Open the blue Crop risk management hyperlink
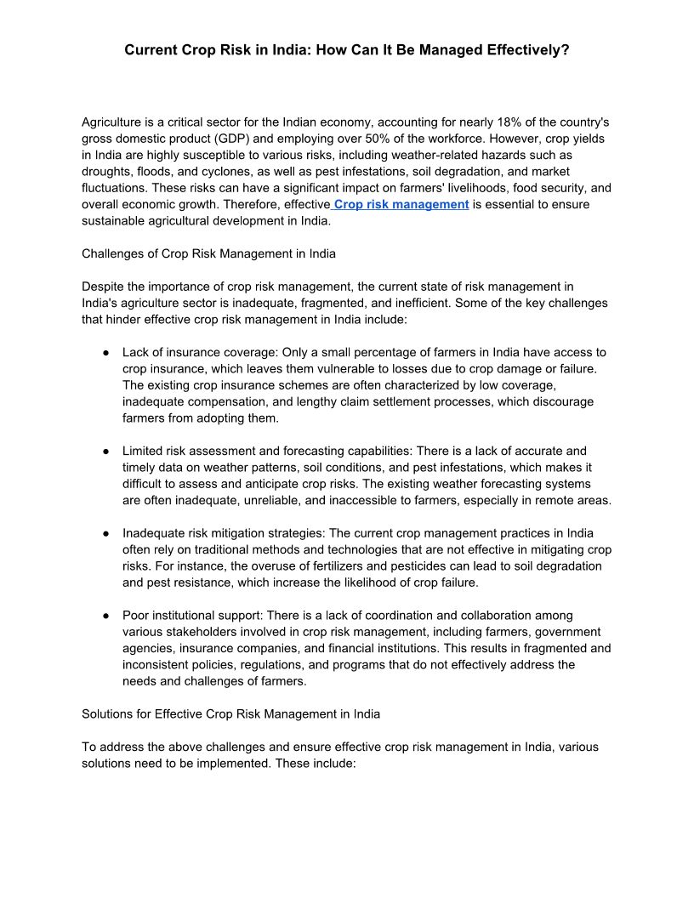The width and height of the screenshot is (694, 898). pyautogui.click(x=401, y=205)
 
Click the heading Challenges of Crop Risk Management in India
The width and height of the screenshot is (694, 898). pyautogui.click(x=208, y=253)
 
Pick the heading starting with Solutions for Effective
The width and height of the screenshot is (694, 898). pyautogui.click(x=230, y=714)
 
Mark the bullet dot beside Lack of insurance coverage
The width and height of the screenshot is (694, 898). pyautogui.click(x=105, y=352)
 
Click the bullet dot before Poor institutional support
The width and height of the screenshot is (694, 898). pyautogui.click(x=105, y=615)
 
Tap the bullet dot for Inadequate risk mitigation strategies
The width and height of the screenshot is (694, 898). pyautogui.click(x=105, y=533)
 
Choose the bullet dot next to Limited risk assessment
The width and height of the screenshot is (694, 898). pyautogui.click(x=105, y=451)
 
